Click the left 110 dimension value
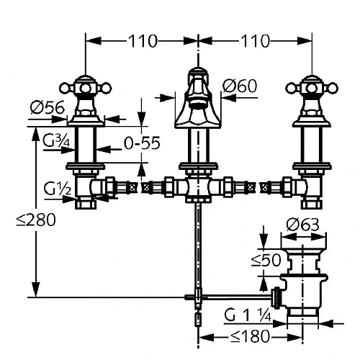coord(143,41)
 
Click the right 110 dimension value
coord(255,41)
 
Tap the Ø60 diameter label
coord(240,86)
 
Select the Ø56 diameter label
coord(48,107)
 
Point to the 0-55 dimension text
coord(142,143)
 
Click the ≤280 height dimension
coord(36,220)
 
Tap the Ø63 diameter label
coord(302,225)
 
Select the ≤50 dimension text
coord(266,260)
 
